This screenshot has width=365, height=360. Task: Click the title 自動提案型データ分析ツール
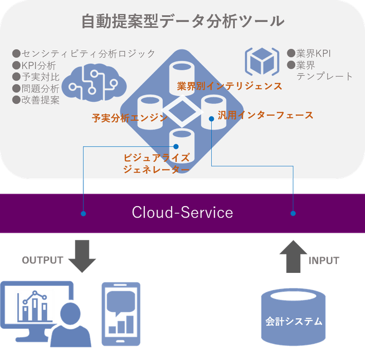point(182,21)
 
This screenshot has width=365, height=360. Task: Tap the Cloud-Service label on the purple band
point(182,213)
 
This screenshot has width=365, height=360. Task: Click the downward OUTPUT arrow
point(82,256)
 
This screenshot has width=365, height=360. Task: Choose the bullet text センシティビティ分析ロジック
point(83,54)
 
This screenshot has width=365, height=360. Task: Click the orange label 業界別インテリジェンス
point(229,86)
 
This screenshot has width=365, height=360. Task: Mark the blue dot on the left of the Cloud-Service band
point(83,213)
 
